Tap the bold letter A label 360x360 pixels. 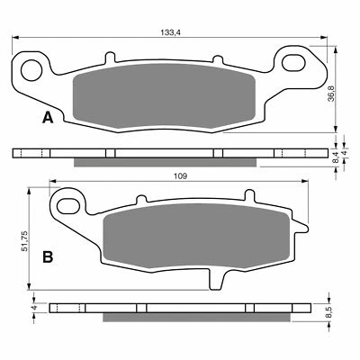(x=47, y=118)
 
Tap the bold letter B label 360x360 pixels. (x=47, y=256)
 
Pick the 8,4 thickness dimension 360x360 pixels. (x=336, y=155)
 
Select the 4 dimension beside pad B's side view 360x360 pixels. (x=33, y=308)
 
